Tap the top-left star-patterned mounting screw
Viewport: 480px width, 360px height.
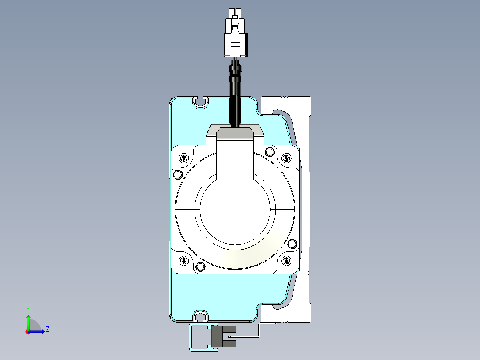click(183, 158)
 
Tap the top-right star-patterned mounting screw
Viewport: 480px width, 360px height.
click(286, 158)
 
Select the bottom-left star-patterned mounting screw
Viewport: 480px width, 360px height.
click(183, 261)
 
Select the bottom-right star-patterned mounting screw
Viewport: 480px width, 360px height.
click(286, 261)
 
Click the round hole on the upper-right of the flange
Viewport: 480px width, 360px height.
click(269, 151)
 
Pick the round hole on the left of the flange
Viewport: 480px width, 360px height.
click(178, 175)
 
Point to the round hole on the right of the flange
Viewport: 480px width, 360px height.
click(293, 244)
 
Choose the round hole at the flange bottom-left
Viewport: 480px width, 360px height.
click(200, 266)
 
